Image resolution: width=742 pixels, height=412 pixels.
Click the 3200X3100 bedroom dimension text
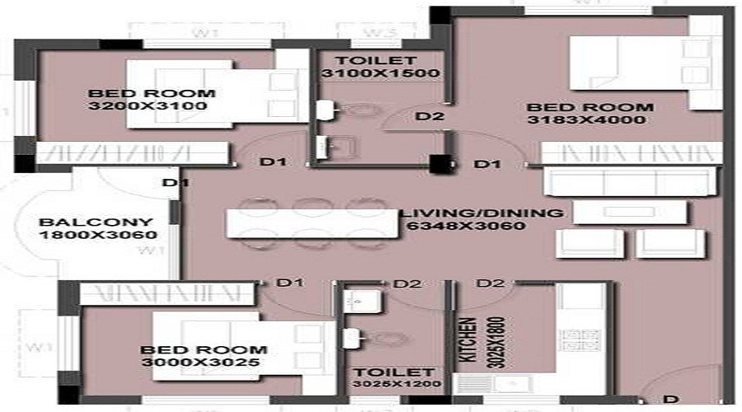147,106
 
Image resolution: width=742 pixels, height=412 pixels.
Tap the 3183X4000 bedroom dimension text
588,120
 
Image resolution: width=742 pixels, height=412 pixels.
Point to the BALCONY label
96,222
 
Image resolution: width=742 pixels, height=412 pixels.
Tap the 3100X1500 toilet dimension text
381,73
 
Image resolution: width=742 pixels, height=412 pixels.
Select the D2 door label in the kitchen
491,283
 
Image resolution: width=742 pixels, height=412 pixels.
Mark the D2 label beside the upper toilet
430,116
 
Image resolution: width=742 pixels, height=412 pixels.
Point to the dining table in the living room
312,223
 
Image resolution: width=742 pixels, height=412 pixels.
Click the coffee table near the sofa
629,213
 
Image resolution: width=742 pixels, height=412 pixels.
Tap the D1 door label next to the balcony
171,183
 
